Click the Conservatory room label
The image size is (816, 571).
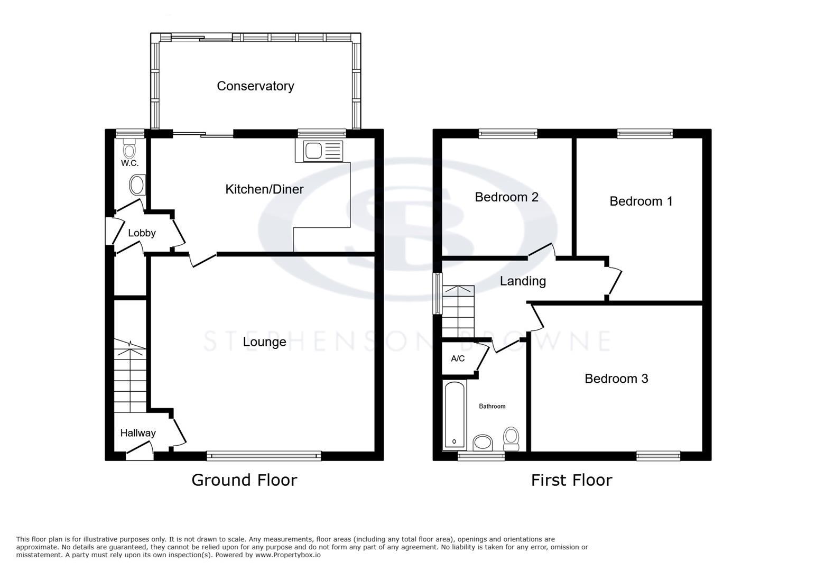coord(255,86)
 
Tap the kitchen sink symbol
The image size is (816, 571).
coord(319,151)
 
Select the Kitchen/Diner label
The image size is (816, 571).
coord(264,189)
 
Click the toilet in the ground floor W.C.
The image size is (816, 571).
coord(129,149)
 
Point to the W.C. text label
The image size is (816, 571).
coord(129,163)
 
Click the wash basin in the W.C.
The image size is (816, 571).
coord(137,186)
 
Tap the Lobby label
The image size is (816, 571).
coord(142,233)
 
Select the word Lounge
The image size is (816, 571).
coord(264,342)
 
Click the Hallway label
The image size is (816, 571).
coord(138,433)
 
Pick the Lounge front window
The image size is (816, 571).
coord(264,455)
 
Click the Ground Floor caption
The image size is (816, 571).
coord(244,480)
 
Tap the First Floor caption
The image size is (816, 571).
coord(571,480)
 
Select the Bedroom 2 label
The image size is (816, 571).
coord(506,197)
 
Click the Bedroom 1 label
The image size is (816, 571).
coord(641,201)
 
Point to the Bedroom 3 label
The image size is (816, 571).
coord(616,379)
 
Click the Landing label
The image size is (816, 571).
coord(523,281)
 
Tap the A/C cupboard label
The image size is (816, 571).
coord(458,359)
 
